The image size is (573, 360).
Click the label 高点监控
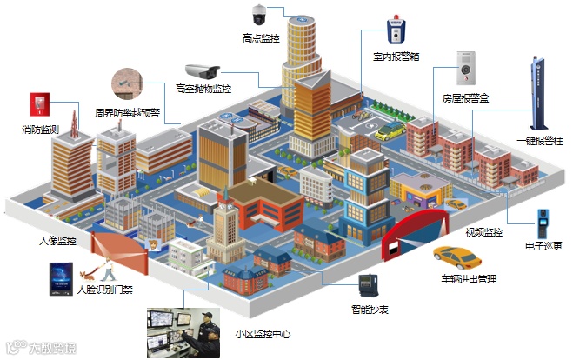261,38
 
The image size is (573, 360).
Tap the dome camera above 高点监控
259,14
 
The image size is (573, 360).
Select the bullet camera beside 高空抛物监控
204,70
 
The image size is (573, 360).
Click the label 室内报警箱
396,57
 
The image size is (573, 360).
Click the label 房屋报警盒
466,99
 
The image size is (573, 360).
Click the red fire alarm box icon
39,104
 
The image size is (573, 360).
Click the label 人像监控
57,240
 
